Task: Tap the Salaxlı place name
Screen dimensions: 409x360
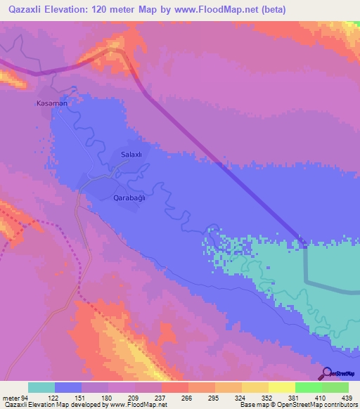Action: coord(131,155)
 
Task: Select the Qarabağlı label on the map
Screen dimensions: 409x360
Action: coord(129,198)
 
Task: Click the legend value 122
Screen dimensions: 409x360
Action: coord(56,398)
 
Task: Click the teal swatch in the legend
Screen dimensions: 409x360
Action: coord(41,387)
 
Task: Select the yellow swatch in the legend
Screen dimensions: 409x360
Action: coord(281,387)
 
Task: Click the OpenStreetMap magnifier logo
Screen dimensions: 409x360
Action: coord(326,373)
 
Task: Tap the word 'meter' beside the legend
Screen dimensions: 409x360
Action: coord(11,398)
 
